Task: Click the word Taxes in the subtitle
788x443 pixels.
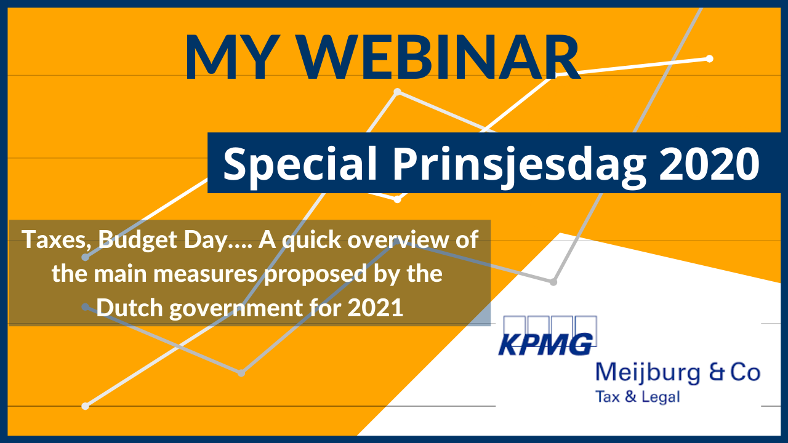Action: tap(55, 240)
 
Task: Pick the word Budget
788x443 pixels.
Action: tap(137, 241)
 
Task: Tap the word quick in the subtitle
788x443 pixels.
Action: tap(312, 241)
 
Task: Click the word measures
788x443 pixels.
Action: tap(206, 274)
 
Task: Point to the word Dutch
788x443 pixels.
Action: tap(129, 308)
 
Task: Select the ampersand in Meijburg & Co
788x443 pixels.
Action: tap(717, 373)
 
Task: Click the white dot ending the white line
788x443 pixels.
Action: tap(710, 58)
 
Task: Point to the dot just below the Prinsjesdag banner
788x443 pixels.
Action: tap(397, 199)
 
